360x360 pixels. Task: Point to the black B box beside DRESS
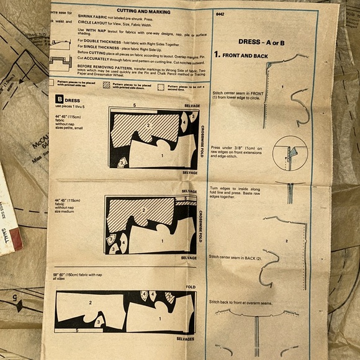pyautogui.click(x=60, y=99)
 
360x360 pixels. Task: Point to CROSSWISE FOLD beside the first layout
pyautogui.click(x=200, y=137)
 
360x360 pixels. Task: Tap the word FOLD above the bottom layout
pyautogui.click(x=190, y=287)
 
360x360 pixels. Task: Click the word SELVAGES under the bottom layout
pyautogui.click(x=185, y=339)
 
